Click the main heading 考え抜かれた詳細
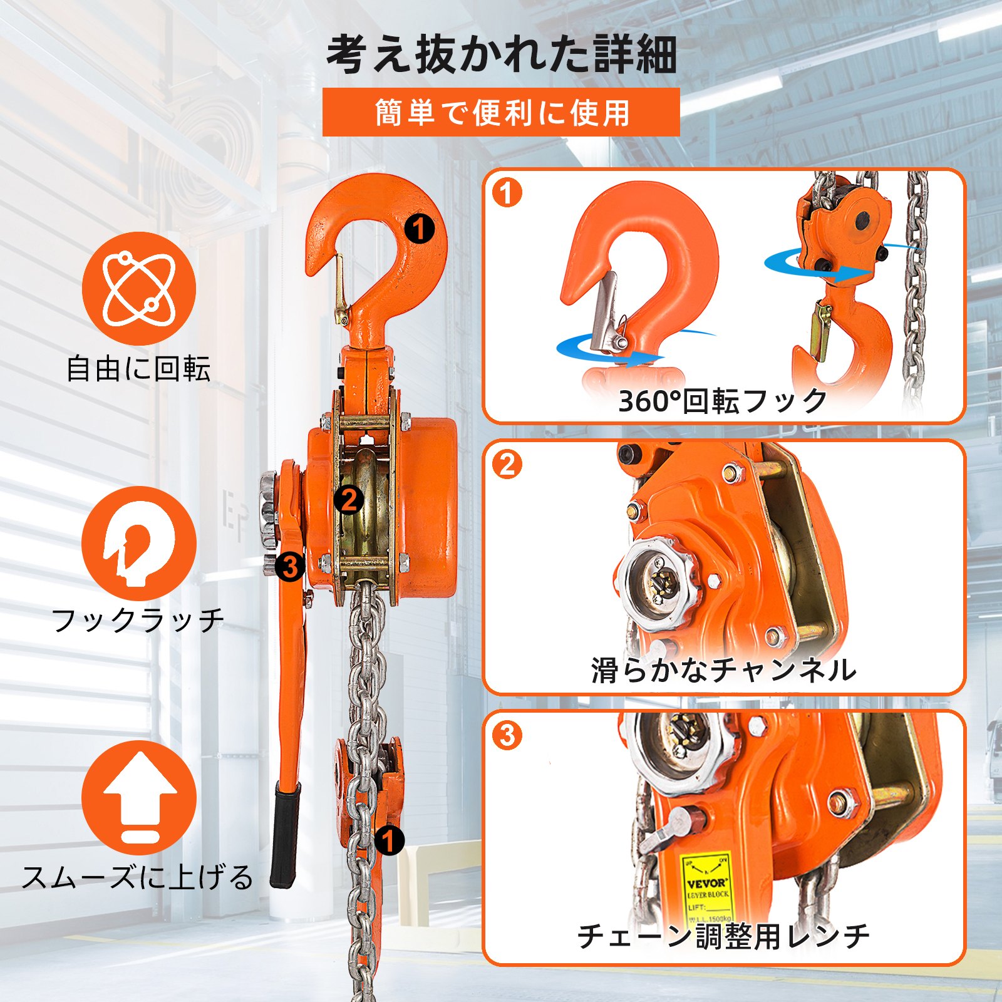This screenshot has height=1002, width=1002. (501, 55)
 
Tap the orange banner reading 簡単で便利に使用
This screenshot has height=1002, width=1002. (501, 113)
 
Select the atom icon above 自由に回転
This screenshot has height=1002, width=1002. (139, 288)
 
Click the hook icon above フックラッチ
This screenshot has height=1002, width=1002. (139, 543)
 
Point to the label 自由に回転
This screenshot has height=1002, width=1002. (138, 368)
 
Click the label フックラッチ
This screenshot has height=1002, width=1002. (138, 620)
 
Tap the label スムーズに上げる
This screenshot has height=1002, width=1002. (138, 877)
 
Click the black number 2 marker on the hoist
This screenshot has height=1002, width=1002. (349, 500)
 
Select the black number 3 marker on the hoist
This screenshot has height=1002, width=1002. (290, 567)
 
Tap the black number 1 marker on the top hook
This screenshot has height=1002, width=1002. (419, 229)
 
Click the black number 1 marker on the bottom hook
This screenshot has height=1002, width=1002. (389, 840)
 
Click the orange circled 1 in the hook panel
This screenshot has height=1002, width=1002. (507, 193)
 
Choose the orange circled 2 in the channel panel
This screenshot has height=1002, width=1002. (507, 465)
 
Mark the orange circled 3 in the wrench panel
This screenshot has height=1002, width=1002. (507, 735)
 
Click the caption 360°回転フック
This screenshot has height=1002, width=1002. (723, 401)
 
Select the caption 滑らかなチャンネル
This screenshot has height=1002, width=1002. (723, 670)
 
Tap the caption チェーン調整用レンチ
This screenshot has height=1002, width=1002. (723, 936)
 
